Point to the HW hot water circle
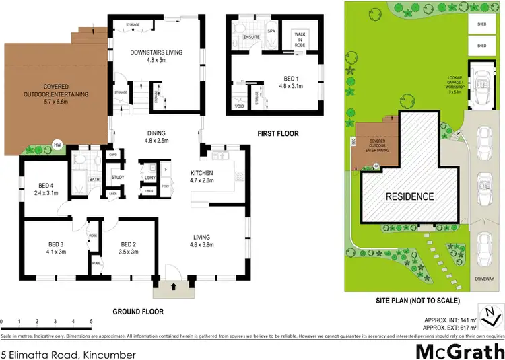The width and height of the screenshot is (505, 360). click(58, 143)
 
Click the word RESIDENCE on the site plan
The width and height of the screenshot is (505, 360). click(409, 196)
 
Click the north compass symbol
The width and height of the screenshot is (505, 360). click(496, 314)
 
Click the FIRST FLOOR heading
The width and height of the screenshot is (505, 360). click(278, 134)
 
